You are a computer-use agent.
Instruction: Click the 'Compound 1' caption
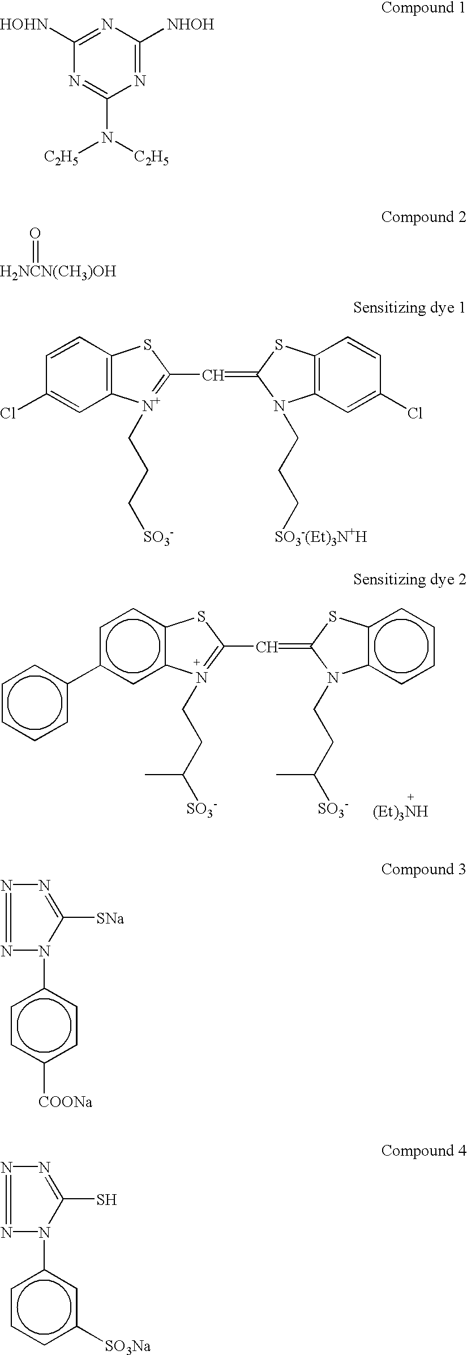click(x=423, y=8)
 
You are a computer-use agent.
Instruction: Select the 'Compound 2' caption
click(x=423, y=217)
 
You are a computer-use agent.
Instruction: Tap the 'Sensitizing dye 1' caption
click(x=409, y=307)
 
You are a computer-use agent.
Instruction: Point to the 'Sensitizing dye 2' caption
click(x=409, y=579)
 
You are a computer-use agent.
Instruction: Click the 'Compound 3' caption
click(x=423, y=869)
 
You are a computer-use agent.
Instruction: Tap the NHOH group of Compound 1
click(x=191, y=25)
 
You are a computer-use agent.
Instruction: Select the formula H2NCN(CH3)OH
click(x=58, y=272)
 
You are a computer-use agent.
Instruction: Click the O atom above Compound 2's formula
click(x=36, y=233)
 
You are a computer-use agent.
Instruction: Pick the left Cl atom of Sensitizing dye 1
click(x=8, y=414)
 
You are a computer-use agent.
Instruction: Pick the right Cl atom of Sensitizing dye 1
click(x=415, y=414)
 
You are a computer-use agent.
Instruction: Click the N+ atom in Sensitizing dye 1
click(x=151, y=405)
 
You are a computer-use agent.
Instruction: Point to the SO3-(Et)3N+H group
click(x=320, y=536)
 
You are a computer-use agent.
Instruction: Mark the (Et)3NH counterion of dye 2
click(x=400, y=811)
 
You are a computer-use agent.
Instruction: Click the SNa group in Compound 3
click(x=109, y=918)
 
